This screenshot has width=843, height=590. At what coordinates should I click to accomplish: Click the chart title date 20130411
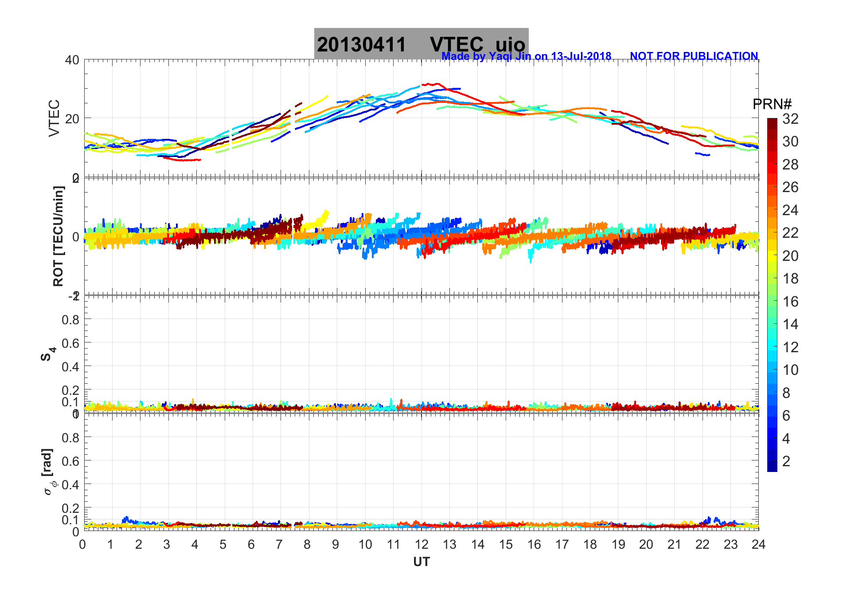click(x=361, y=45)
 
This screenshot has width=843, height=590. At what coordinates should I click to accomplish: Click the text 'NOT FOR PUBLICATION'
click(x=694, y=56)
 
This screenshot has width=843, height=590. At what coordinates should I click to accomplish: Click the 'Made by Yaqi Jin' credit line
click(x=526, y=56)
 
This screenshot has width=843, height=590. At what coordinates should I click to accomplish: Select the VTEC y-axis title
click(x=54, y=118)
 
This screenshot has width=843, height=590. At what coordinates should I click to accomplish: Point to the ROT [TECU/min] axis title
click(x=58, y=236)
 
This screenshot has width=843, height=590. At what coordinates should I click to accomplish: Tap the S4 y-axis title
click(x=48, y=355)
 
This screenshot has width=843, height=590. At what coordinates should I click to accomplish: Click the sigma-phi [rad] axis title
click(x=49, y=472)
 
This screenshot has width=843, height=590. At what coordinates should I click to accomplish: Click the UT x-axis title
click(x=421, y=562)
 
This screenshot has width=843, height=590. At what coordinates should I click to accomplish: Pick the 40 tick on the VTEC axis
click(x=72, y=60)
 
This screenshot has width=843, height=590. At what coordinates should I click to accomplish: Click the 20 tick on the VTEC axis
click(x=72, y=118)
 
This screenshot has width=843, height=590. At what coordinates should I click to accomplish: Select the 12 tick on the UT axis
click(x=421, y=544)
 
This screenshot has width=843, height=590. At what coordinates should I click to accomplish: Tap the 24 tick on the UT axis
click(x=758, y=544)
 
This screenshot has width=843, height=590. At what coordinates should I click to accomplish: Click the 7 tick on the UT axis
click(x=279, y=544)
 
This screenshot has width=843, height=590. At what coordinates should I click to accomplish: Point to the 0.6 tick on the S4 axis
click(x=70, y=343)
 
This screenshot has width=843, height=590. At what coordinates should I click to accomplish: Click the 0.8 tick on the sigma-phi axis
click(x=70, y=438)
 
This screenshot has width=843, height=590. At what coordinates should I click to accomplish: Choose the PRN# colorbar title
click(x=772, y=104)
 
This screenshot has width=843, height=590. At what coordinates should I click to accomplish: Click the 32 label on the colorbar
click(x=790, y=119)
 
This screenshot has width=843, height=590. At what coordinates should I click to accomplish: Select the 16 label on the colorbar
click(x=790, y=302)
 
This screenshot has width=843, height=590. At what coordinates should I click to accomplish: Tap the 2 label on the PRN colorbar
click(x=786, y=461)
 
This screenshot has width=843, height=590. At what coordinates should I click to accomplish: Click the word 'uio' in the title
click(x=510, y=45)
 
